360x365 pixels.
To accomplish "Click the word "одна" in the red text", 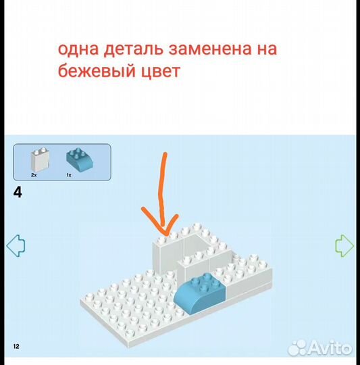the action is [78, 49].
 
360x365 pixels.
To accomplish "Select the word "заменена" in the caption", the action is [210, 49].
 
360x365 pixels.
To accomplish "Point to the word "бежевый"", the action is [97, 70].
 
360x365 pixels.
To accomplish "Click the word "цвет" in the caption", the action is [161, 71].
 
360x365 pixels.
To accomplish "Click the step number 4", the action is [18, 193].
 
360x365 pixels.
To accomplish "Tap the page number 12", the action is [16, 346].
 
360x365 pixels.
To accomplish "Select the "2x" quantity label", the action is [34, 175].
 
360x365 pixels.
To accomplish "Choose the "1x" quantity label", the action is [69, 175].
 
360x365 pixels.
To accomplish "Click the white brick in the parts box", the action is [40, 160].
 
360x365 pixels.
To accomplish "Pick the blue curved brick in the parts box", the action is [80, 160].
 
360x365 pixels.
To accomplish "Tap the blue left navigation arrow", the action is [16, 245].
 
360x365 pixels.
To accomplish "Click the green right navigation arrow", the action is [344, 245].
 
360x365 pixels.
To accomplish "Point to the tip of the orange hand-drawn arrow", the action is [165, 233].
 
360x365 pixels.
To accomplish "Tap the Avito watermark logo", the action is [319, 348].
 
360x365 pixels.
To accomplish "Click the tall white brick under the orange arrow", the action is [168, 253].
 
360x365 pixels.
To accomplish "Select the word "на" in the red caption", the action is [267, 49].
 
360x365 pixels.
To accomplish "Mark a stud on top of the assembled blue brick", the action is [206, 276].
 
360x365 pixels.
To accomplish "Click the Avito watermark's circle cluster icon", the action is [298, 348].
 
